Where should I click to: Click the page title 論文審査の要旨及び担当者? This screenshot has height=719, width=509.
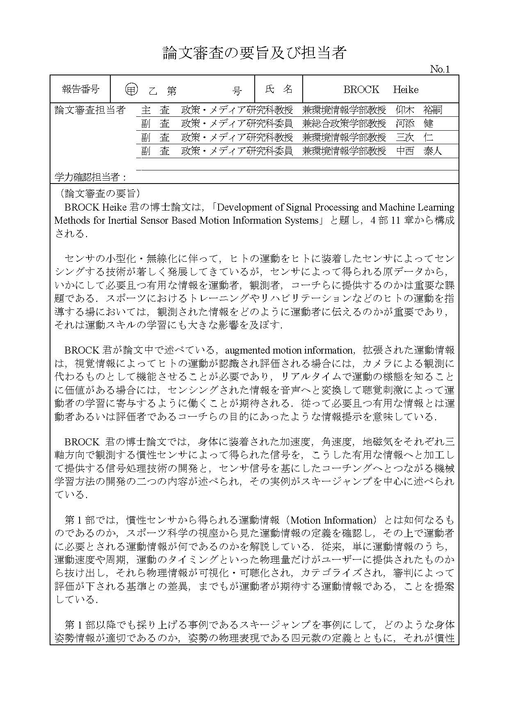254,53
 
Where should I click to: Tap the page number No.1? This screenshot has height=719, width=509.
440,69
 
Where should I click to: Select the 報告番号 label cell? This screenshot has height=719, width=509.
80,89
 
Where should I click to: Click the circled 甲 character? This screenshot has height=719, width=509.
131,90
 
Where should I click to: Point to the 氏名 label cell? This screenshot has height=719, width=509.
278,89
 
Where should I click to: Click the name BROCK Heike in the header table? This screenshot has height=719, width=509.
381,89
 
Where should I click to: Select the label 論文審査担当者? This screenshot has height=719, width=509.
90,110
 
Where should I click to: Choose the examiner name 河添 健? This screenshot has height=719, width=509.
414,123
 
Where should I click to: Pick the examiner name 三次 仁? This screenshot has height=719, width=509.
414,137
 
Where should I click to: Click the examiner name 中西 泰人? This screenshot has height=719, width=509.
419,151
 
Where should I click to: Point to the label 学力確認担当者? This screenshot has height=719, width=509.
90,177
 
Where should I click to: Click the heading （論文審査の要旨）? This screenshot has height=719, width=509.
100,193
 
